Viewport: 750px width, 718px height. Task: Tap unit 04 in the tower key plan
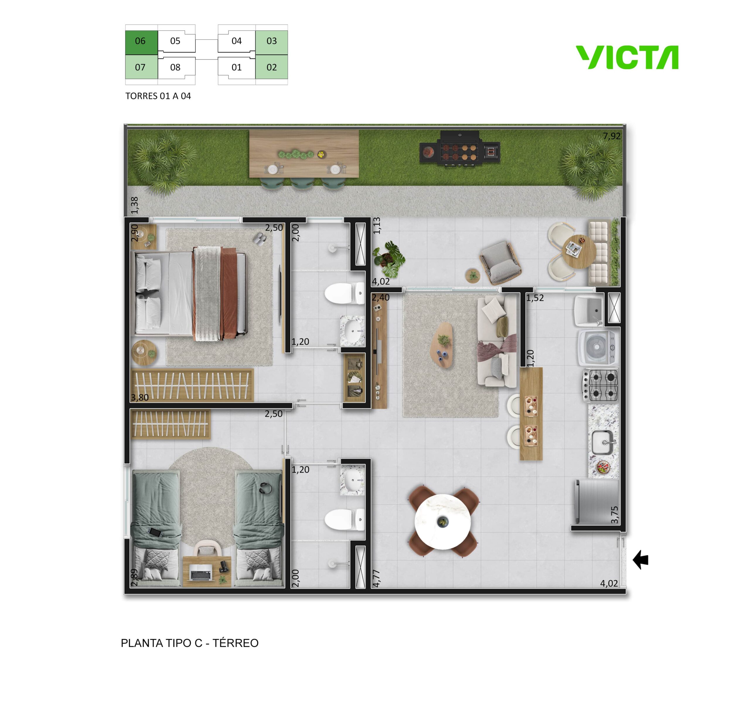point(236,41)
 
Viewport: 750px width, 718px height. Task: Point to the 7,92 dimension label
point(611,136)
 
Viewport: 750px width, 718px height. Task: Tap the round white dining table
point(443,522)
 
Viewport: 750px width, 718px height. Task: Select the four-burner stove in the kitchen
point(600,385)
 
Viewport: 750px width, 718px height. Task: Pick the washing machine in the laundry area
point(597,348)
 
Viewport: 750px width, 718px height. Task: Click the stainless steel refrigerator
point(596,502)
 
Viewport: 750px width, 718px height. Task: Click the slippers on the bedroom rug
point(260,239)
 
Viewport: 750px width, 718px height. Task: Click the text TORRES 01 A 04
point(158,96)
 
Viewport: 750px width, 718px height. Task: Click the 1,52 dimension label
point(535,298)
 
